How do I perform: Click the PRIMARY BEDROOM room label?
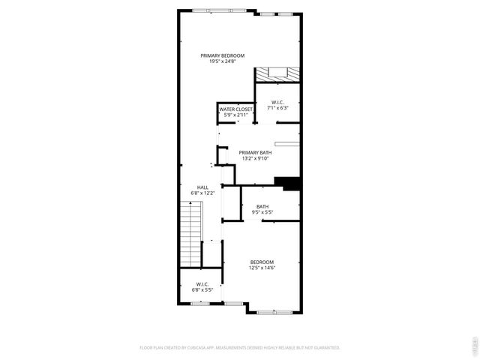coord(223,55)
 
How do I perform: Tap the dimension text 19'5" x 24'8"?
coord(223,61)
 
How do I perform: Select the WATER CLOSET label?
coord(235,109)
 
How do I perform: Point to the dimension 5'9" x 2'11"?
coord(235,115)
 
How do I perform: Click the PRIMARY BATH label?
coord(254,152)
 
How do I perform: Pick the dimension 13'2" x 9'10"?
coord(254,158)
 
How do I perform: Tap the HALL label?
coord(202,187)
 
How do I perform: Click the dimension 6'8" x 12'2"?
coord(202,193)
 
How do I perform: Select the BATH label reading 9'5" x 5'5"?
coord(262,207)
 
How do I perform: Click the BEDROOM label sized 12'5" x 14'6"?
coord(262,262)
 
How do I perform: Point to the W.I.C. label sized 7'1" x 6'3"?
coord(277,102)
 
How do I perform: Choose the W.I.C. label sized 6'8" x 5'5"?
coord(202,283)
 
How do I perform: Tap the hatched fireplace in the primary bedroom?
coord(277,74)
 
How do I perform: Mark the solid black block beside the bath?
coord(287,182)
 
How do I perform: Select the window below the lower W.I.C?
coord(202,304)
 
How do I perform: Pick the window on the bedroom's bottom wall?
coord(274,311)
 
